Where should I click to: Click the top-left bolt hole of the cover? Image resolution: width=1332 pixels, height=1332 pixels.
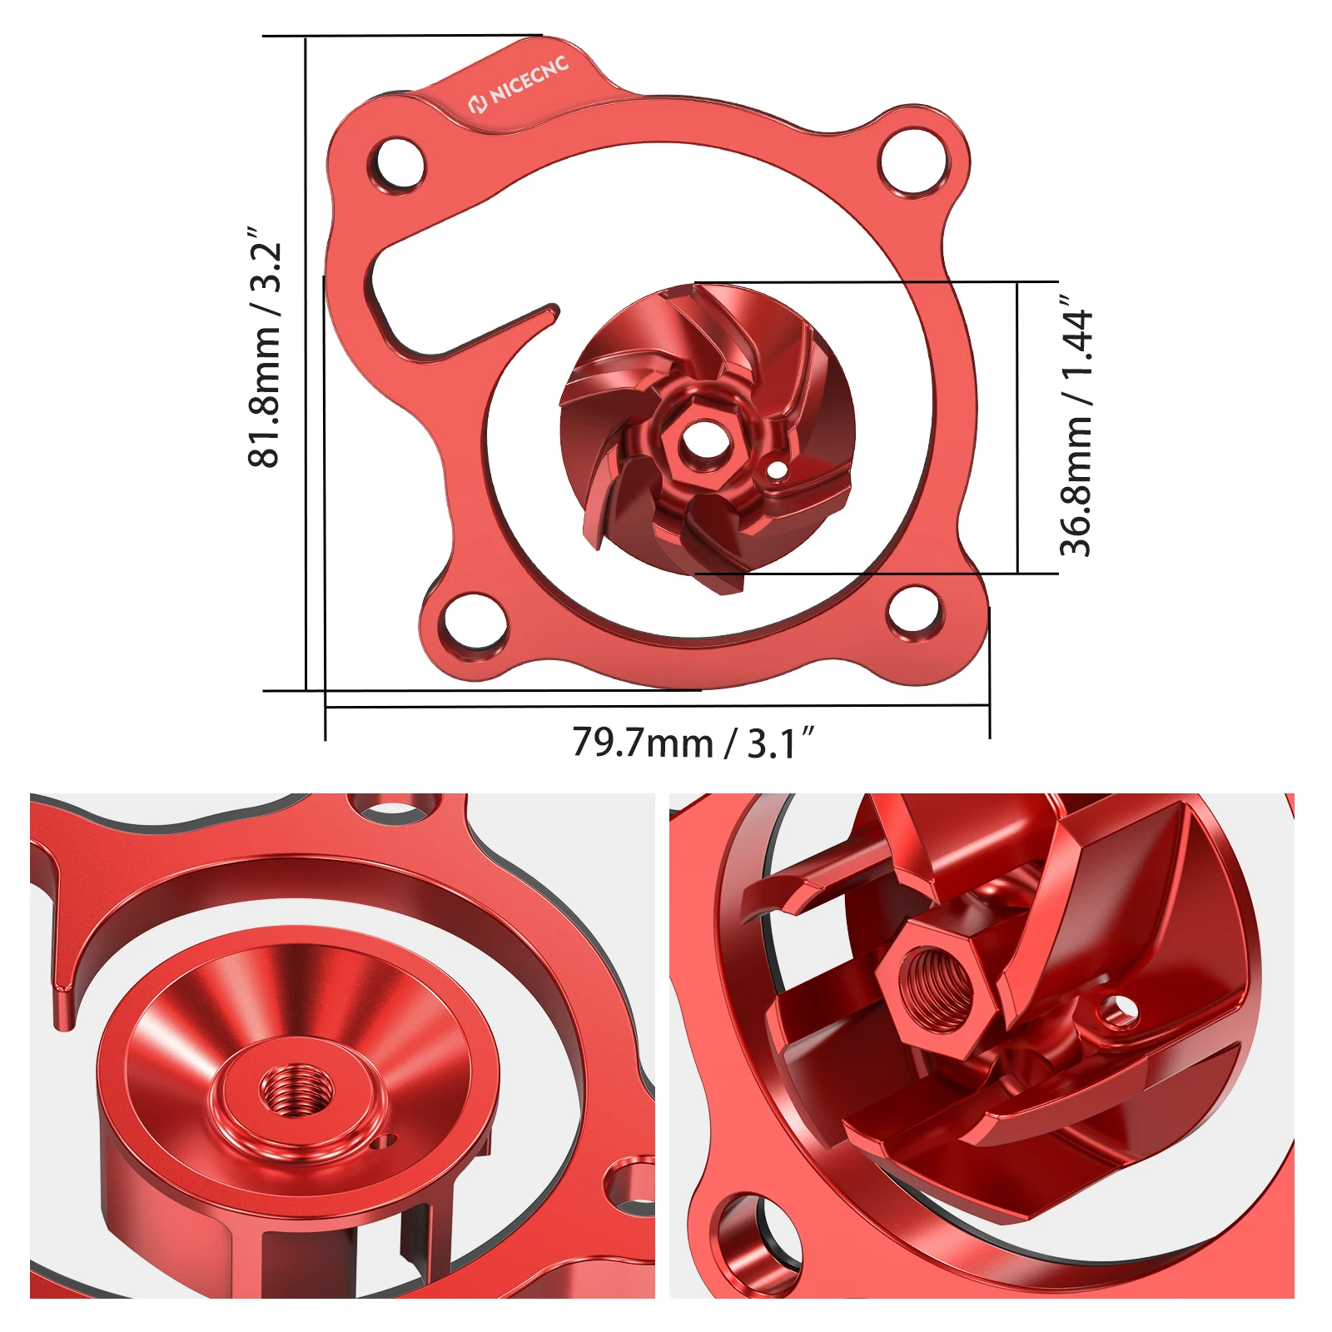[399, 163]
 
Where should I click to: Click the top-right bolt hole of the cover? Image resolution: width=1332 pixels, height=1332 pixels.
[913, 158]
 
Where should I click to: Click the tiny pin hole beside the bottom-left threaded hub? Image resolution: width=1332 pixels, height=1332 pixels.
[383, 1141]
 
